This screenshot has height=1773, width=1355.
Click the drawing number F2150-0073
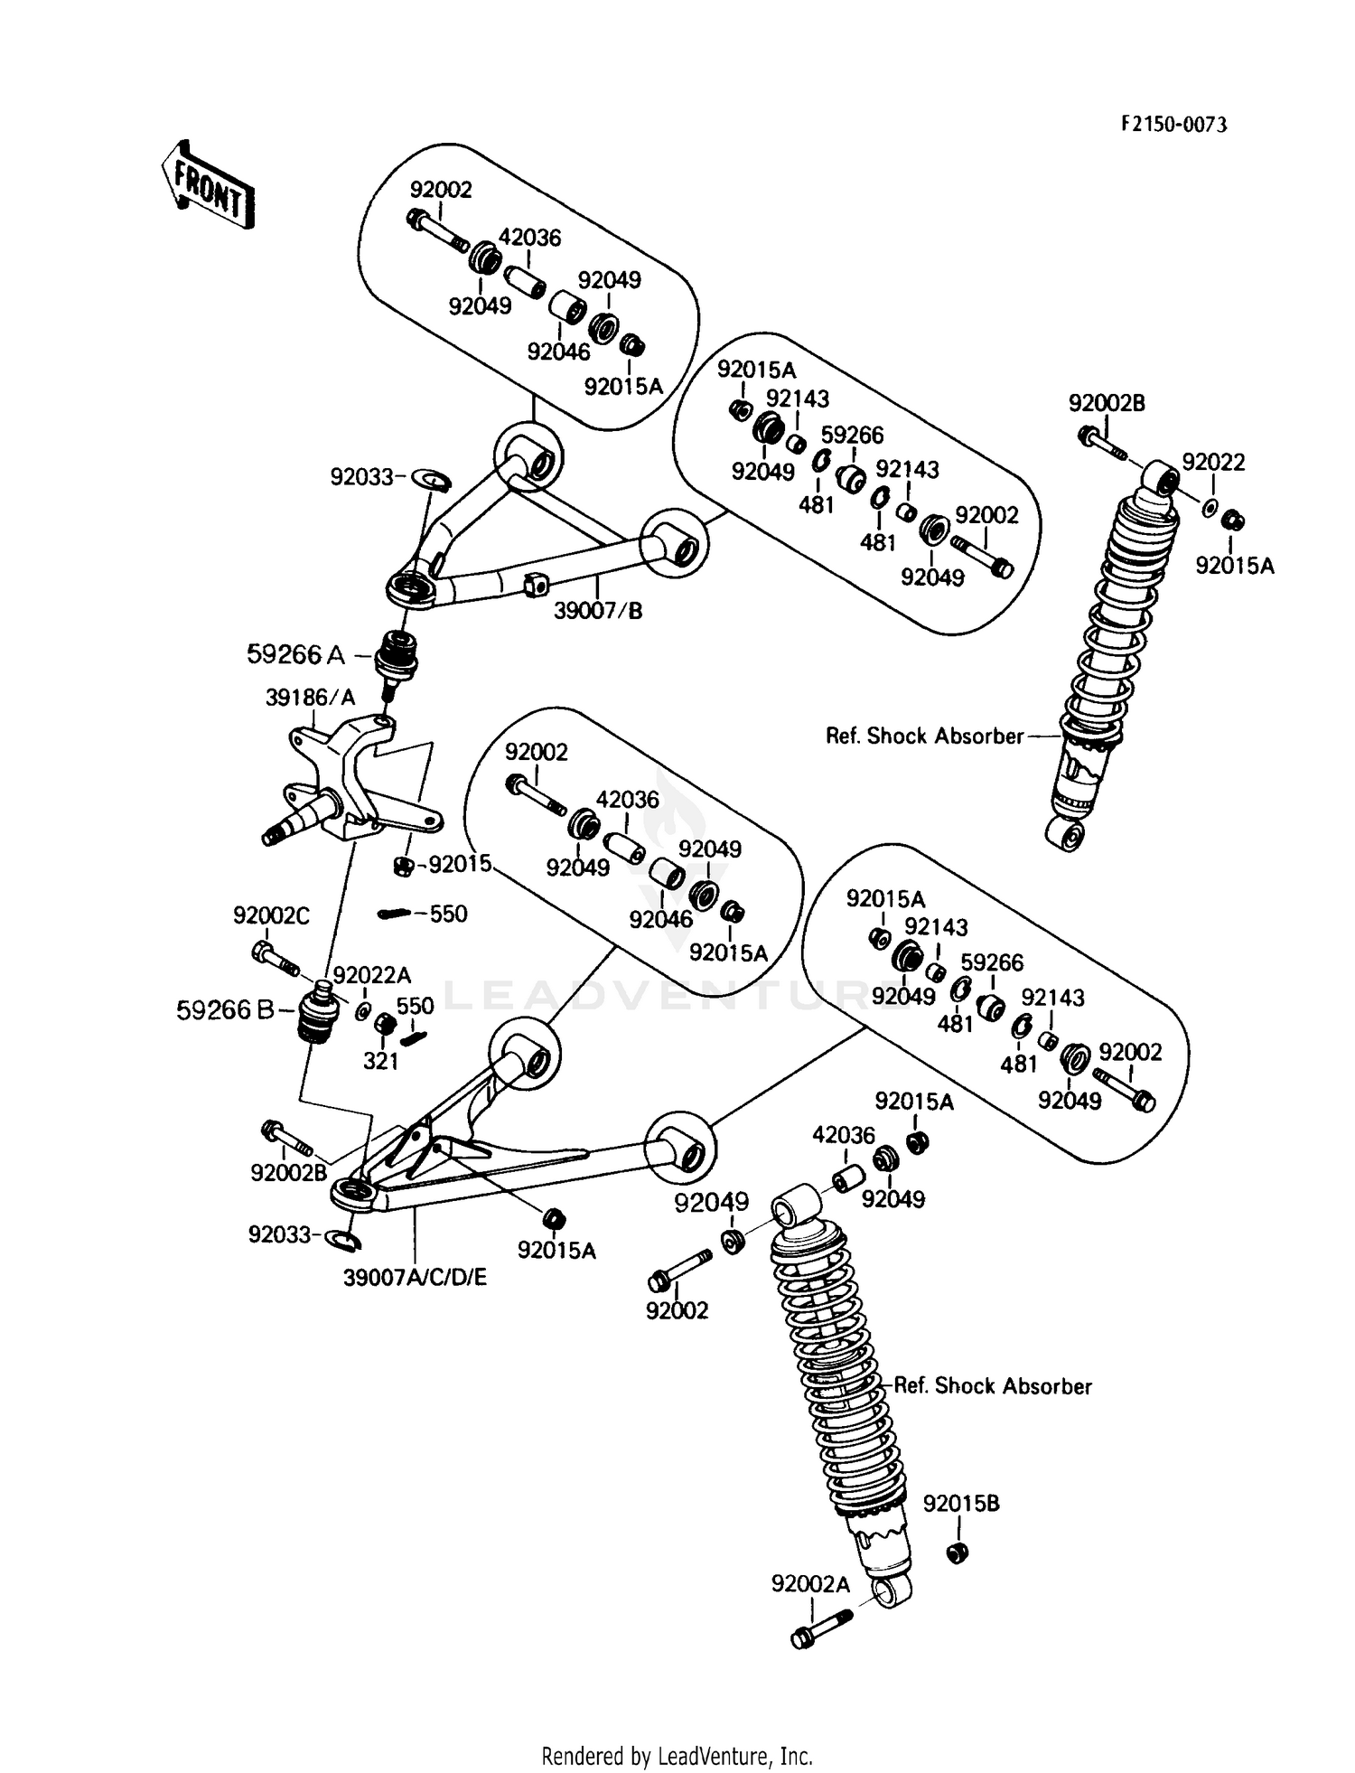pos(1173,126)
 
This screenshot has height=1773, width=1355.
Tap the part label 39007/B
pos(598,611)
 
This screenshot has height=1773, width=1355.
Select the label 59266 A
pos(295,655)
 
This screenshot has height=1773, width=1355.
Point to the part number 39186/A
pos(310,698)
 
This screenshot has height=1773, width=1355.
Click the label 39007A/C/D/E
pos(415,1277)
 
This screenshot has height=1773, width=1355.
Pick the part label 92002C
pos(271,916)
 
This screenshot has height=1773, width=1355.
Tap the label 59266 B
pos(225,1010)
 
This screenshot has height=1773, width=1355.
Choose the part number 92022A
pos(371,975)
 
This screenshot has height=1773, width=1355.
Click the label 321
pos(381,1061)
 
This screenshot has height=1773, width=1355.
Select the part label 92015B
pos(961,1504)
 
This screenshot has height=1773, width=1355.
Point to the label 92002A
pos(810,1584)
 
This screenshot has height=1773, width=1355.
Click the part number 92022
pos(1213,463)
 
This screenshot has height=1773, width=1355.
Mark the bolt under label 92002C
pos(276,958)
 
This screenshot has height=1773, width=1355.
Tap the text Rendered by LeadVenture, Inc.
pos(677,1756)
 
